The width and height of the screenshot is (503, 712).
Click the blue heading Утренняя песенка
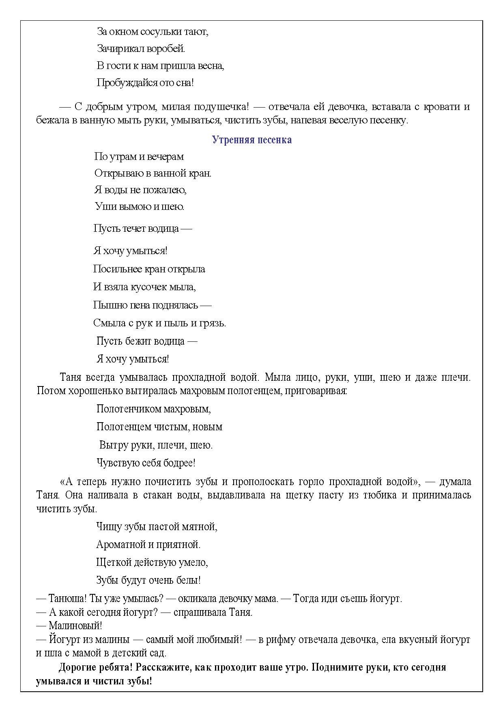tap(251, 140)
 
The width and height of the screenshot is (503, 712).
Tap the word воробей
tap(166, 49)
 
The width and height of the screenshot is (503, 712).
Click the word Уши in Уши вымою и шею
tap(103, 207)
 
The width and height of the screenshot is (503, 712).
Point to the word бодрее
tap(180, 463)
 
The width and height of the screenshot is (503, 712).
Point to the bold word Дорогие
tap(77, 668)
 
